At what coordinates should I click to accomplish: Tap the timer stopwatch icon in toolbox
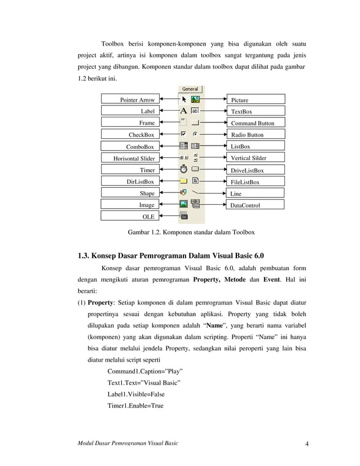coord(183,169)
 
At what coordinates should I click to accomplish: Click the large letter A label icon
coord(183,111)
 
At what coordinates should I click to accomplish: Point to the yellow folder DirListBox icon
coord(183,181)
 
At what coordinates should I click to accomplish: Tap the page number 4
coord(306,443)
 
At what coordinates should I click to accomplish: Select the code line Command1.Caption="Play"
coord(145,371)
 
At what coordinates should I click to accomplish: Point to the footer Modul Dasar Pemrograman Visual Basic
coord(128,443)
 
